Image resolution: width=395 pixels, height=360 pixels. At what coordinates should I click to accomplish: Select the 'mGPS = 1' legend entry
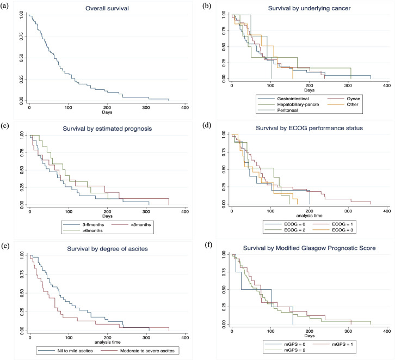pos(339,344)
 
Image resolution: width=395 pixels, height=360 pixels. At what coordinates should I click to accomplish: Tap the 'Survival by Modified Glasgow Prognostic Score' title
pos(308,249)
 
